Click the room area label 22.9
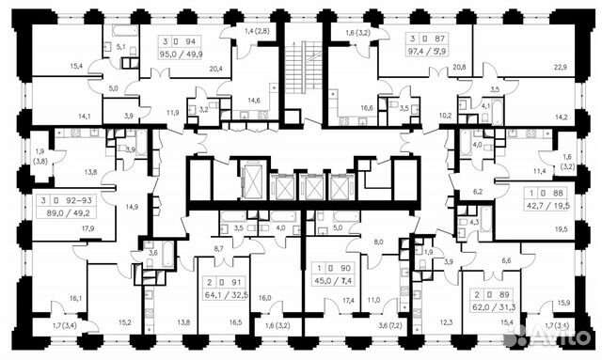coord(561,67)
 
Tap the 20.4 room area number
coord(216,68)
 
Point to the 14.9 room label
coord(131,206)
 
